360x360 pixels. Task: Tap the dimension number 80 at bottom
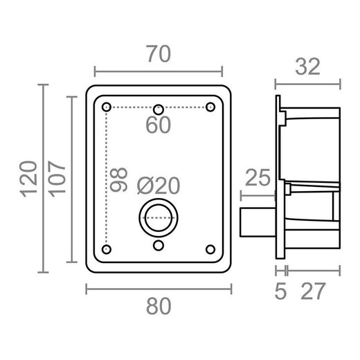[x=159, y=305]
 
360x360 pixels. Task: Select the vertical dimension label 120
[x=28, y=179]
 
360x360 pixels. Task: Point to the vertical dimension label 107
[x=57, y=179]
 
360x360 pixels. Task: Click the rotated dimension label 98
[x=119, y=179]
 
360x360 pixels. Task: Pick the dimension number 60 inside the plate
[x=159, y=125]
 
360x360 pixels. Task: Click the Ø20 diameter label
[x=159, y=186]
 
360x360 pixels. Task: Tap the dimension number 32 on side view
[x=309, y=67]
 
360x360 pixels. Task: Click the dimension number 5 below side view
[x=280, y=291]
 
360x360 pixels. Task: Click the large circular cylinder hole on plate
[x=159, y=217]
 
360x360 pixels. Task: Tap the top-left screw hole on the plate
[x=106, y=107]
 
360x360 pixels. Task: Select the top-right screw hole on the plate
[x=210, y=107]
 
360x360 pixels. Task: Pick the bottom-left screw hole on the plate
[x=106, y=249]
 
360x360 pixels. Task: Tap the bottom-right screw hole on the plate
[x=210, y=249]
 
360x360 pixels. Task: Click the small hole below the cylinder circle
[x=159, y=245]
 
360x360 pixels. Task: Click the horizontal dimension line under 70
[x=159, y=71]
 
